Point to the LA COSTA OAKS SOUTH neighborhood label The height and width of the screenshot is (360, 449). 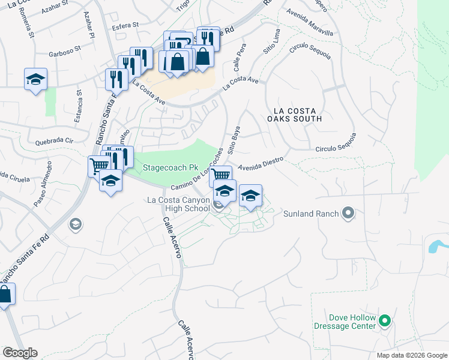click(x=297, y=115)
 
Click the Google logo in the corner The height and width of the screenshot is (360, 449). click(x=20, y=353)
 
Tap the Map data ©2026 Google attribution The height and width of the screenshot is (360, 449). click(x=411, y=355)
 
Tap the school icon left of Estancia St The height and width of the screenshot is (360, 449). click(x=35, y=79)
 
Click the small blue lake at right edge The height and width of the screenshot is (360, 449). click(x=437, y=246)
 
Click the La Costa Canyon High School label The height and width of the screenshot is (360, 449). click(x=178, y=203)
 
